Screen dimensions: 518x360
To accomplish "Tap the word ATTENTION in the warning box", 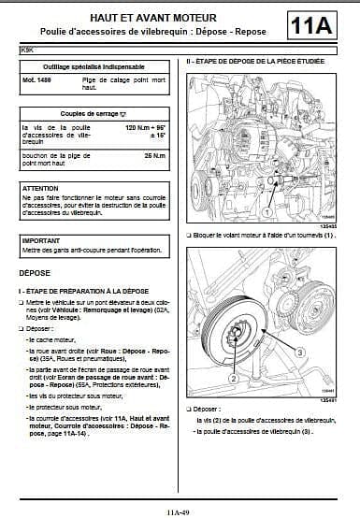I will point(41,188).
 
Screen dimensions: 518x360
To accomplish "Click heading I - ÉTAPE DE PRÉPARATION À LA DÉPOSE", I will point(84,291).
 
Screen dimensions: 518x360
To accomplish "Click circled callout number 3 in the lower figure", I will point(300,353).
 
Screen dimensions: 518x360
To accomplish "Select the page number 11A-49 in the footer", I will point(180,511).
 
